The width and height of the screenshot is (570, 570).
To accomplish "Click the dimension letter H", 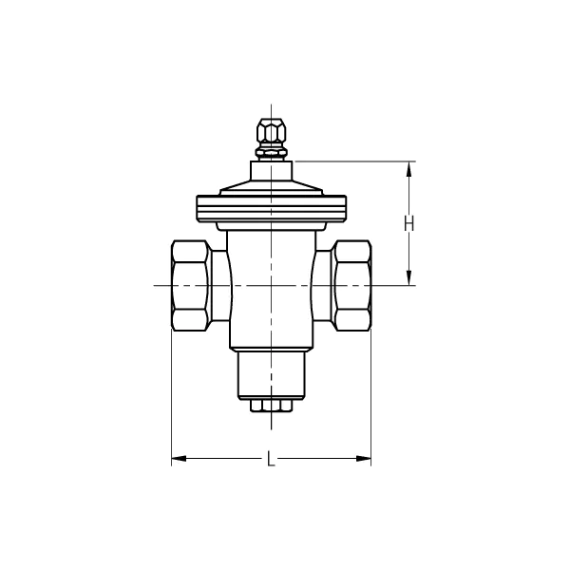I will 408,224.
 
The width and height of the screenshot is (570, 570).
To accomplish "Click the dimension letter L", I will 271,461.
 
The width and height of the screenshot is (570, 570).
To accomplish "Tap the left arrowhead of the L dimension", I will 178,461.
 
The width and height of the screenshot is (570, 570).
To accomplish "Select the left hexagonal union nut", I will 189,285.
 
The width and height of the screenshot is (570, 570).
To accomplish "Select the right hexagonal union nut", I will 351,285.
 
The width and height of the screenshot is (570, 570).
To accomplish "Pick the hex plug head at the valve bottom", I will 271,407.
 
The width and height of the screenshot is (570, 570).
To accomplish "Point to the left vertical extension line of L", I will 171,399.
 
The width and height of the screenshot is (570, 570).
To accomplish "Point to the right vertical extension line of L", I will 370,399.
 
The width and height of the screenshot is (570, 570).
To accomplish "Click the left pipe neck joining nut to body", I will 219,285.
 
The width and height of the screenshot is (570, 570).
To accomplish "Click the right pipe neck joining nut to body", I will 322,285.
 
